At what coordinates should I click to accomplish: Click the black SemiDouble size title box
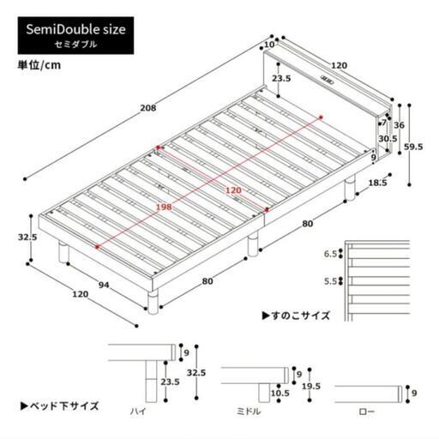pyautogui.click(x=75, y=35)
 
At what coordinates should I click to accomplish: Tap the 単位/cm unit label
pyautogui.click(x=39, y=65)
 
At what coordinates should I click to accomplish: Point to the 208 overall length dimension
pyautogui.click(x=148, y=108)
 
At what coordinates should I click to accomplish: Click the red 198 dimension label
pyautogui.click(x=164, y=207)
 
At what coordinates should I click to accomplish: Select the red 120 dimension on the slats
pyautogui.click(x=233, y=190)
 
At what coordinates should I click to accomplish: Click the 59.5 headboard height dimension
pyautogui.click(x=413, y=147)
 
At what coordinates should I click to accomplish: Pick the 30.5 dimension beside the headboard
pyautogui.click(x=388, y=139)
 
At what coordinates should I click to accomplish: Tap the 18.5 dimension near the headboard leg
pyautogui.click(x=377, y=183)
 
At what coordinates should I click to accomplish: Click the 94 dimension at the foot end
pyautogui.click(x=104, y=285)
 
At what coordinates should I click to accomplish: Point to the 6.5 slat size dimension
pyautogui.click(x=330, y=254)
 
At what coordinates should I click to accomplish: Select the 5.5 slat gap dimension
pyautogui.click(x=330, y=281)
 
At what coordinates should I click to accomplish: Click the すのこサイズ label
pyautogui.click(x=296, y=316)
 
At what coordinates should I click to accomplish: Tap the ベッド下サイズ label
pyautogui.click(x=60, y=406)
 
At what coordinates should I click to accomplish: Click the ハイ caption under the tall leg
pyautogui.click(x=139, y=412)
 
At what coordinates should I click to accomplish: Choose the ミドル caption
pyautogui.click(x=249, y=412)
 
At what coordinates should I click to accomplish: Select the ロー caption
pyautogui.click(x=367, y=412)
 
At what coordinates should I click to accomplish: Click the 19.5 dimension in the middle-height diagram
pyautogui.click(x=311, y=387)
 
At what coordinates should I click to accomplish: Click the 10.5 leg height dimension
pyautogui.click(x=280, y=394)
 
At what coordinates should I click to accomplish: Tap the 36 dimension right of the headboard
pyautogui.click(x=400, y=125)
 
